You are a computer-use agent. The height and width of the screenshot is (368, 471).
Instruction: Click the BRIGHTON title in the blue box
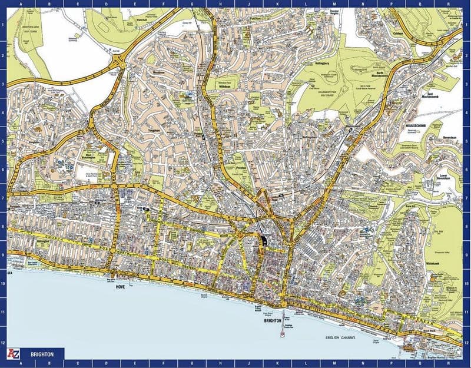click(44, 354)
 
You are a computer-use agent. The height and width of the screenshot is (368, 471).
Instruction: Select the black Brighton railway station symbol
click(262, 240)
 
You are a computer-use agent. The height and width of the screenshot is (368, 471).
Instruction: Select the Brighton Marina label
click(436, 357)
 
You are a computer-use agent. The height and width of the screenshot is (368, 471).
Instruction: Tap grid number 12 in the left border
click(4, 342)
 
